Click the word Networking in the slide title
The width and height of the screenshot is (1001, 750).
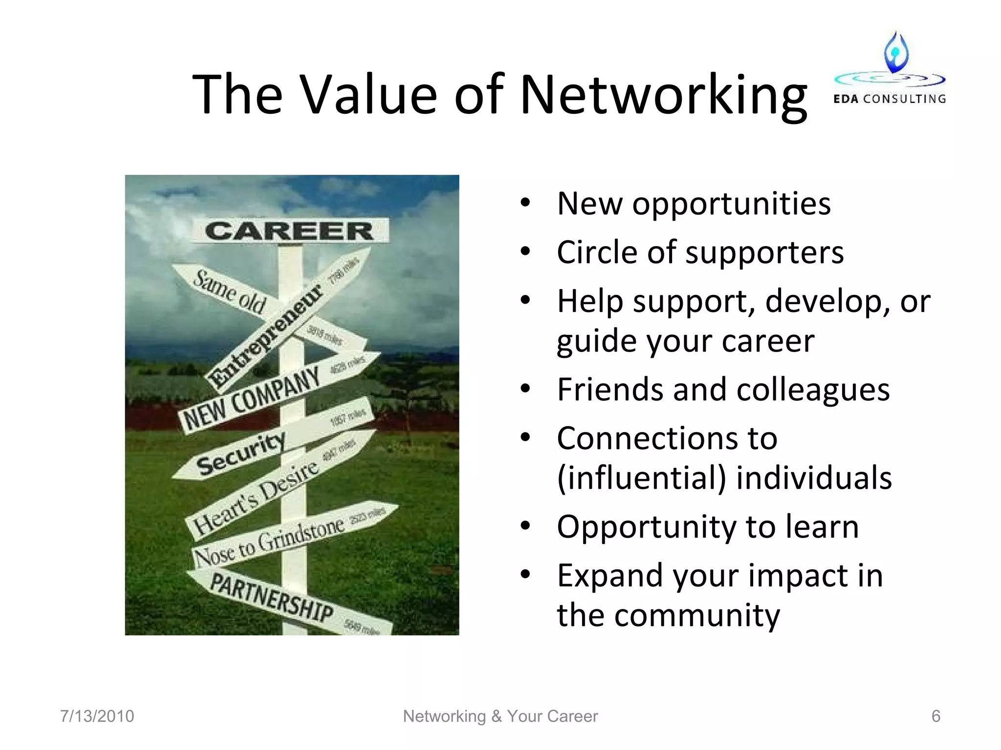663,95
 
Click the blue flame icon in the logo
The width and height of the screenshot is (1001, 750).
896,52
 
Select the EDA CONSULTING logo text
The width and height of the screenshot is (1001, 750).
889,99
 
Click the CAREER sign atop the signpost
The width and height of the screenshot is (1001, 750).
289,230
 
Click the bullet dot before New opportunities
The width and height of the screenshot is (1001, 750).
525,203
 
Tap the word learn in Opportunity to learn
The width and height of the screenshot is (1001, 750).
821,527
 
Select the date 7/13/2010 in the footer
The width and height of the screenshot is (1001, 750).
97,716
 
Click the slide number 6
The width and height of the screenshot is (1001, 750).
936,716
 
